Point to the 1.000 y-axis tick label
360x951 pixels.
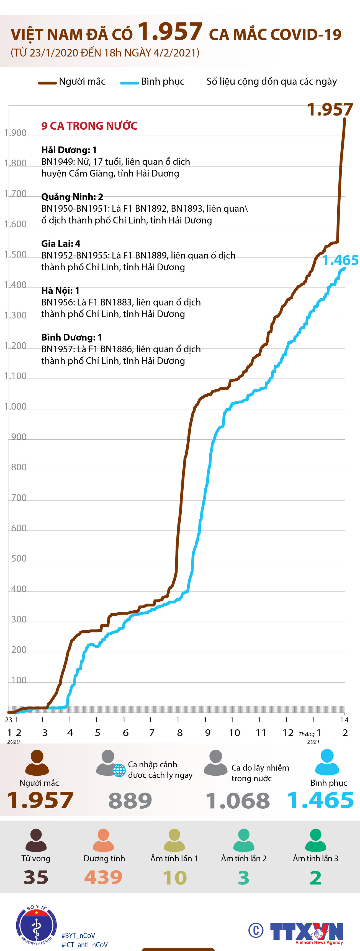pyautogui.click(x=16, y=406)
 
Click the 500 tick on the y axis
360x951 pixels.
pyautogui.click(x=19, y=558)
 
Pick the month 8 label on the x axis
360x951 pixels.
pyautogui.click(x=180, y=733)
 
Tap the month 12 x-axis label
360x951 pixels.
pyautogui.click(x=288, y=733)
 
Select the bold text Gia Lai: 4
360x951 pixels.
pyautogui.click(x=61, y=244)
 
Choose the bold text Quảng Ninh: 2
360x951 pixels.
pyautogui.click(x=72, y=197)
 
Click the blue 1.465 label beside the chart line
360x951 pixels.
pyautogui.click(x=340, y=260)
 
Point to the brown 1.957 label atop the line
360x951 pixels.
pyautogui.click(x=330, y=110)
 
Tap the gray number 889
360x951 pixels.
pyautogui.click(x=130, y=801)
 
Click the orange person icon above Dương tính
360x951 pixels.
pyautogui.click(x=103, y=840)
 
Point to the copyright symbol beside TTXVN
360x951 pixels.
pyautogui.click(x=256, y=930)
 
